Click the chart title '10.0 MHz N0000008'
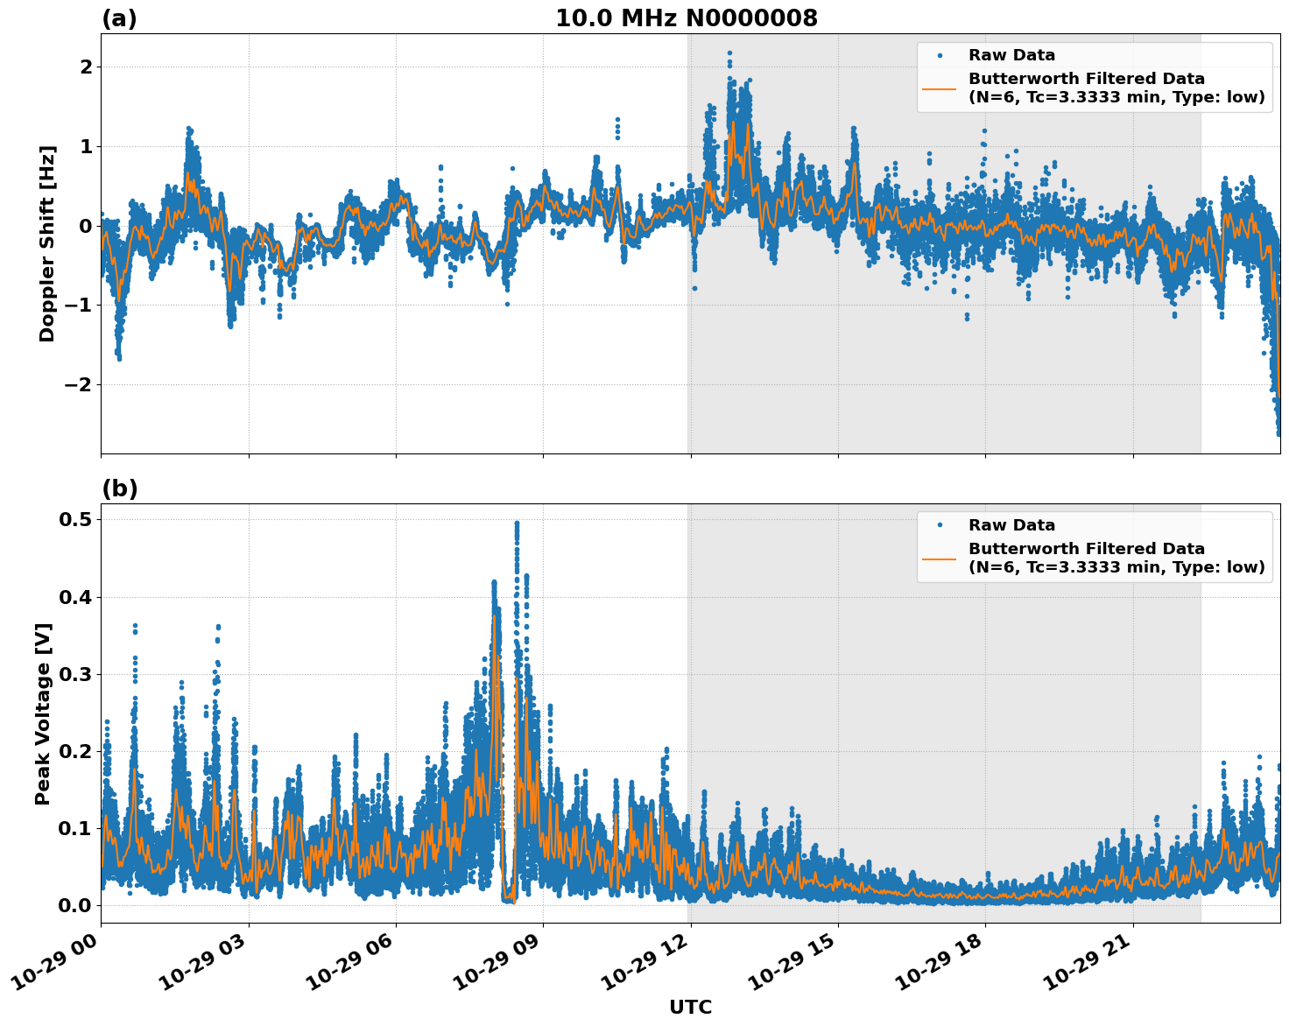tap(687, 18)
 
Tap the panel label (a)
tap(119, 18)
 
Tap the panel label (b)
tap(119, 488)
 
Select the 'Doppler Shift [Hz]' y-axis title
tap(47, 243)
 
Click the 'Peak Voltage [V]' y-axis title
tap(43, 713)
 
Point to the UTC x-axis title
tap(690, 1007)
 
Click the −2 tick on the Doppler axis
tap(77, 384)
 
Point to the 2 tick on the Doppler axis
tap(86, 67)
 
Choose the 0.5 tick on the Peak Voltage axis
tap(75, 519)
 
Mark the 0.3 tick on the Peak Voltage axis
tap(75, 674)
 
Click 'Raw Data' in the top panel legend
tap(1011, 55)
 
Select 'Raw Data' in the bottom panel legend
tap(1011, 525)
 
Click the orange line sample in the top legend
tap(940, 88)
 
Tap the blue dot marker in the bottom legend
tap(940, 525)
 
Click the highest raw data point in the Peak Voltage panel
tap(517, 523)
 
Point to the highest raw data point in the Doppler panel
tap(729, 53)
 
